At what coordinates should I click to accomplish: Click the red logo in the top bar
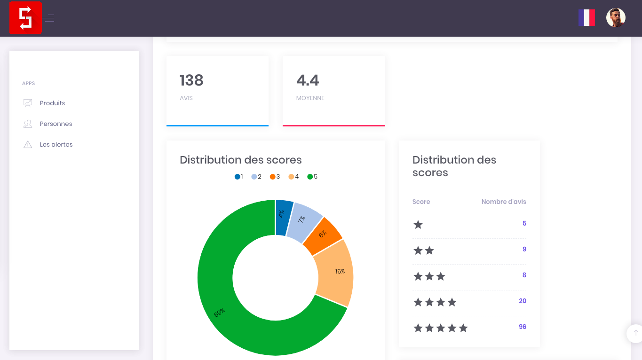click(25, 18)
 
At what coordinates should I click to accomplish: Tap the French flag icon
click(587, 18)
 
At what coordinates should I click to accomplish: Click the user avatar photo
click(616, 18)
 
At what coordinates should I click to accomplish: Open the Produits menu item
click(52, 103)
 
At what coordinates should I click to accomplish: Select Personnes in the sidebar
click(56, 124)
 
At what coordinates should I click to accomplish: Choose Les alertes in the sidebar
click(56, 145)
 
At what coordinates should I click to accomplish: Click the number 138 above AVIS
click(191, 80)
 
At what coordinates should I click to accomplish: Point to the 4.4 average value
click(308, 80)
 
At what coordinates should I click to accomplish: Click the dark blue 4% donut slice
click(283, 218)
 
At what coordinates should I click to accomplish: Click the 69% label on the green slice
click(220, 313)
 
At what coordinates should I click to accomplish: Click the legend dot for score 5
click(310, 177)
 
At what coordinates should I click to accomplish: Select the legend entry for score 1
click(239, 177)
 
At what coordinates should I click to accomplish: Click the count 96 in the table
click(522, 327)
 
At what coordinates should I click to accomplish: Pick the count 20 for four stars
click(522, 301)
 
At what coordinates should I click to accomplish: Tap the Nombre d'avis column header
click(504, 202)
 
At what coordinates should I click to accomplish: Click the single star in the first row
click(418, 225)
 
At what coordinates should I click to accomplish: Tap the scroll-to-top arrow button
click(635, 333)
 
